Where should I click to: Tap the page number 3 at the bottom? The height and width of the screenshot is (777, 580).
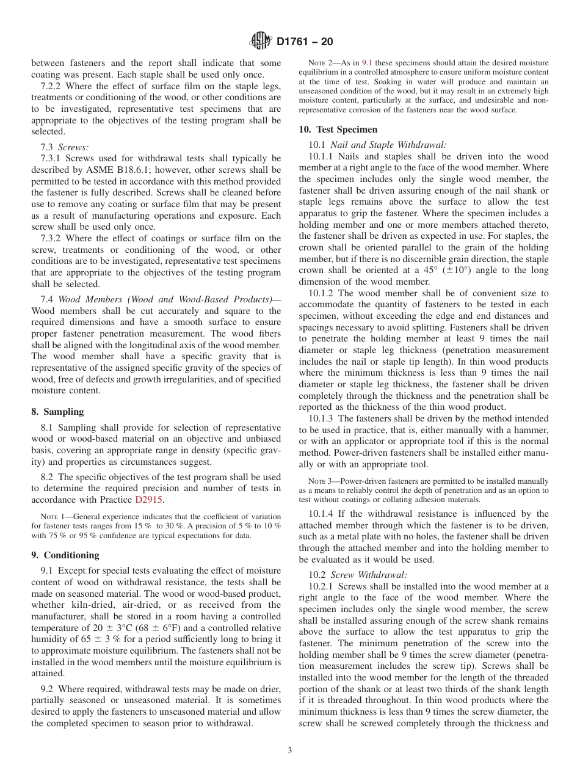pyautogui.click(x=290, y=751)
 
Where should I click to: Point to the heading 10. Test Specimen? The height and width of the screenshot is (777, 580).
pyautogui.click(x=338, y=129)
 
